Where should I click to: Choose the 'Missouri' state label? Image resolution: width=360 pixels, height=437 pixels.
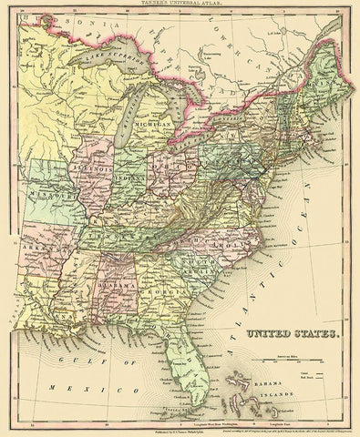click(x=57, y=196)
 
